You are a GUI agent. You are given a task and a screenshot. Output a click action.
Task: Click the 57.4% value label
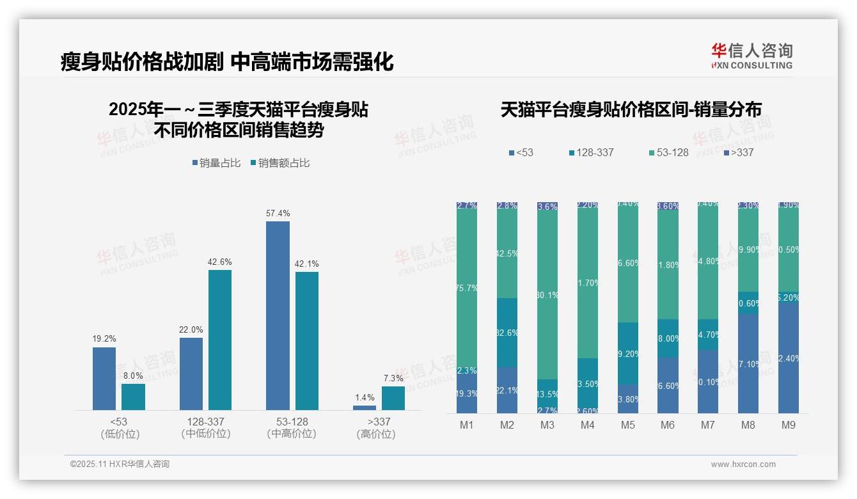[278, 213]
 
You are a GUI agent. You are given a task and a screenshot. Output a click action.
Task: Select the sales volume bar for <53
[104, 378]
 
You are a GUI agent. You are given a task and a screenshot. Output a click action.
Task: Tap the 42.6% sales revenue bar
[220, 340]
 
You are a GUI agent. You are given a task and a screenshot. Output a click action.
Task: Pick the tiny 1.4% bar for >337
[365, 408]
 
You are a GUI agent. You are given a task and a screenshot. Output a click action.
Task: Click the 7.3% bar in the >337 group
[393, 398]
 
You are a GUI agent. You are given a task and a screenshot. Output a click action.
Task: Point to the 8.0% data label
[133, 376]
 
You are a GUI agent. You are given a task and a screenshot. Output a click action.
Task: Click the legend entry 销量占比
[216, 163]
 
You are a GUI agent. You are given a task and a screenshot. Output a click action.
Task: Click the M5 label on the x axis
[628, 425]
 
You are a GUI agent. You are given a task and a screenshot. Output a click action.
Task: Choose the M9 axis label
[789, 425]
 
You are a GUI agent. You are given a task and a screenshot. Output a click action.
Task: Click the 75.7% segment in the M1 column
[467, 288]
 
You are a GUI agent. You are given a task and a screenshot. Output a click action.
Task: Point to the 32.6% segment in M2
[507, 333]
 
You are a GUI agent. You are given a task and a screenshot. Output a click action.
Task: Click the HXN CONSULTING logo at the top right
[751, 56]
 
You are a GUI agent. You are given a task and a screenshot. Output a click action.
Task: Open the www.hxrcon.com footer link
[743, 464]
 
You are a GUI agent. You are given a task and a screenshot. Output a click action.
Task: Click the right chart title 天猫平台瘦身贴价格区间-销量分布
[631, 110]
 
